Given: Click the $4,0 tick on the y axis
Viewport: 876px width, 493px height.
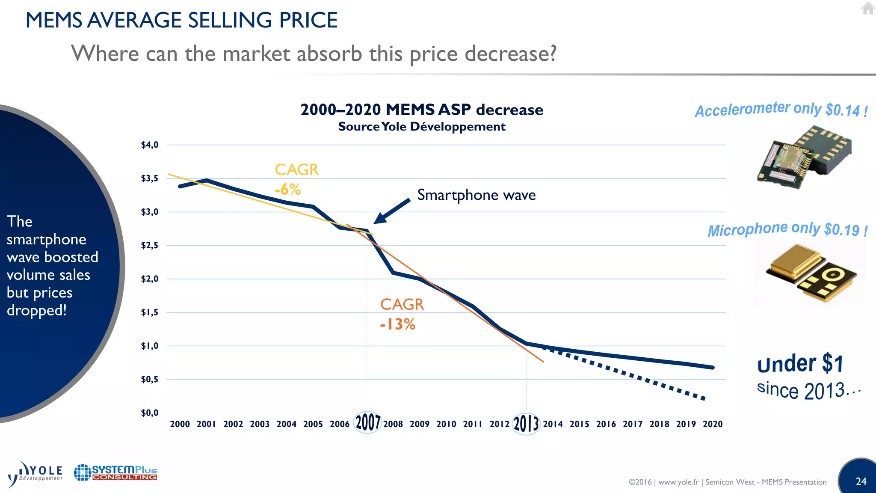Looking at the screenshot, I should coord(150,145).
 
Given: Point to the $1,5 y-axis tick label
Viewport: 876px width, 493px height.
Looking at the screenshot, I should coord(150,312).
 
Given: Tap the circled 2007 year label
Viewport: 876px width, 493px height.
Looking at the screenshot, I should coord(367,422).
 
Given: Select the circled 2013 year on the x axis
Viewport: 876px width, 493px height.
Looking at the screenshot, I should coord(526,424).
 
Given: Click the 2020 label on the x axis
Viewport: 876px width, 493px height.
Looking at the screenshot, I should coord(713,424).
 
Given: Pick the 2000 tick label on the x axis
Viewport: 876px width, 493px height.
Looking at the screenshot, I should coord(180,424).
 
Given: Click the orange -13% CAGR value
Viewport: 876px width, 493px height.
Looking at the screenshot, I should coord(397,324).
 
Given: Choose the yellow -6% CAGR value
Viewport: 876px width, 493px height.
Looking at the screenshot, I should coord(288,189).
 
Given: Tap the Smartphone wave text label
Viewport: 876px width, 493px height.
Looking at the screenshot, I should coord(476,195).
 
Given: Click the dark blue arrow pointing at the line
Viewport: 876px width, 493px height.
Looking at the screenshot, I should coord(391,211).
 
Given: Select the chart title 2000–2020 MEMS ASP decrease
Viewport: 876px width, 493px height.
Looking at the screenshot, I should coord(422,110).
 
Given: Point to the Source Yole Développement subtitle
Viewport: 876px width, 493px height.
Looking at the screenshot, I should coord(422,127).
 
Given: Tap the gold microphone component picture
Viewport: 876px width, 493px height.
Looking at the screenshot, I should coord(810,273).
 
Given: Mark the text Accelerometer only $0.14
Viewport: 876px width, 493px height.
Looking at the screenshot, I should coord(781,109).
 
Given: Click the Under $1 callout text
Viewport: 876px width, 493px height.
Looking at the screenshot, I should coord(800,364).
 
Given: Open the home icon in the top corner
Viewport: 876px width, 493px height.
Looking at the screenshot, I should coord(868,8).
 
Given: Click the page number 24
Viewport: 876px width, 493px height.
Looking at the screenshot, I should coord(861,481).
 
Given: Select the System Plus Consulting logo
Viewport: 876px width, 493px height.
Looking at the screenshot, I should coord(115,473).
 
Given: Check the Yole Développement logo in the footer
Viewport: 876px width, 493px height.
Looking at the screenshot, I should coord(36,474).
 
